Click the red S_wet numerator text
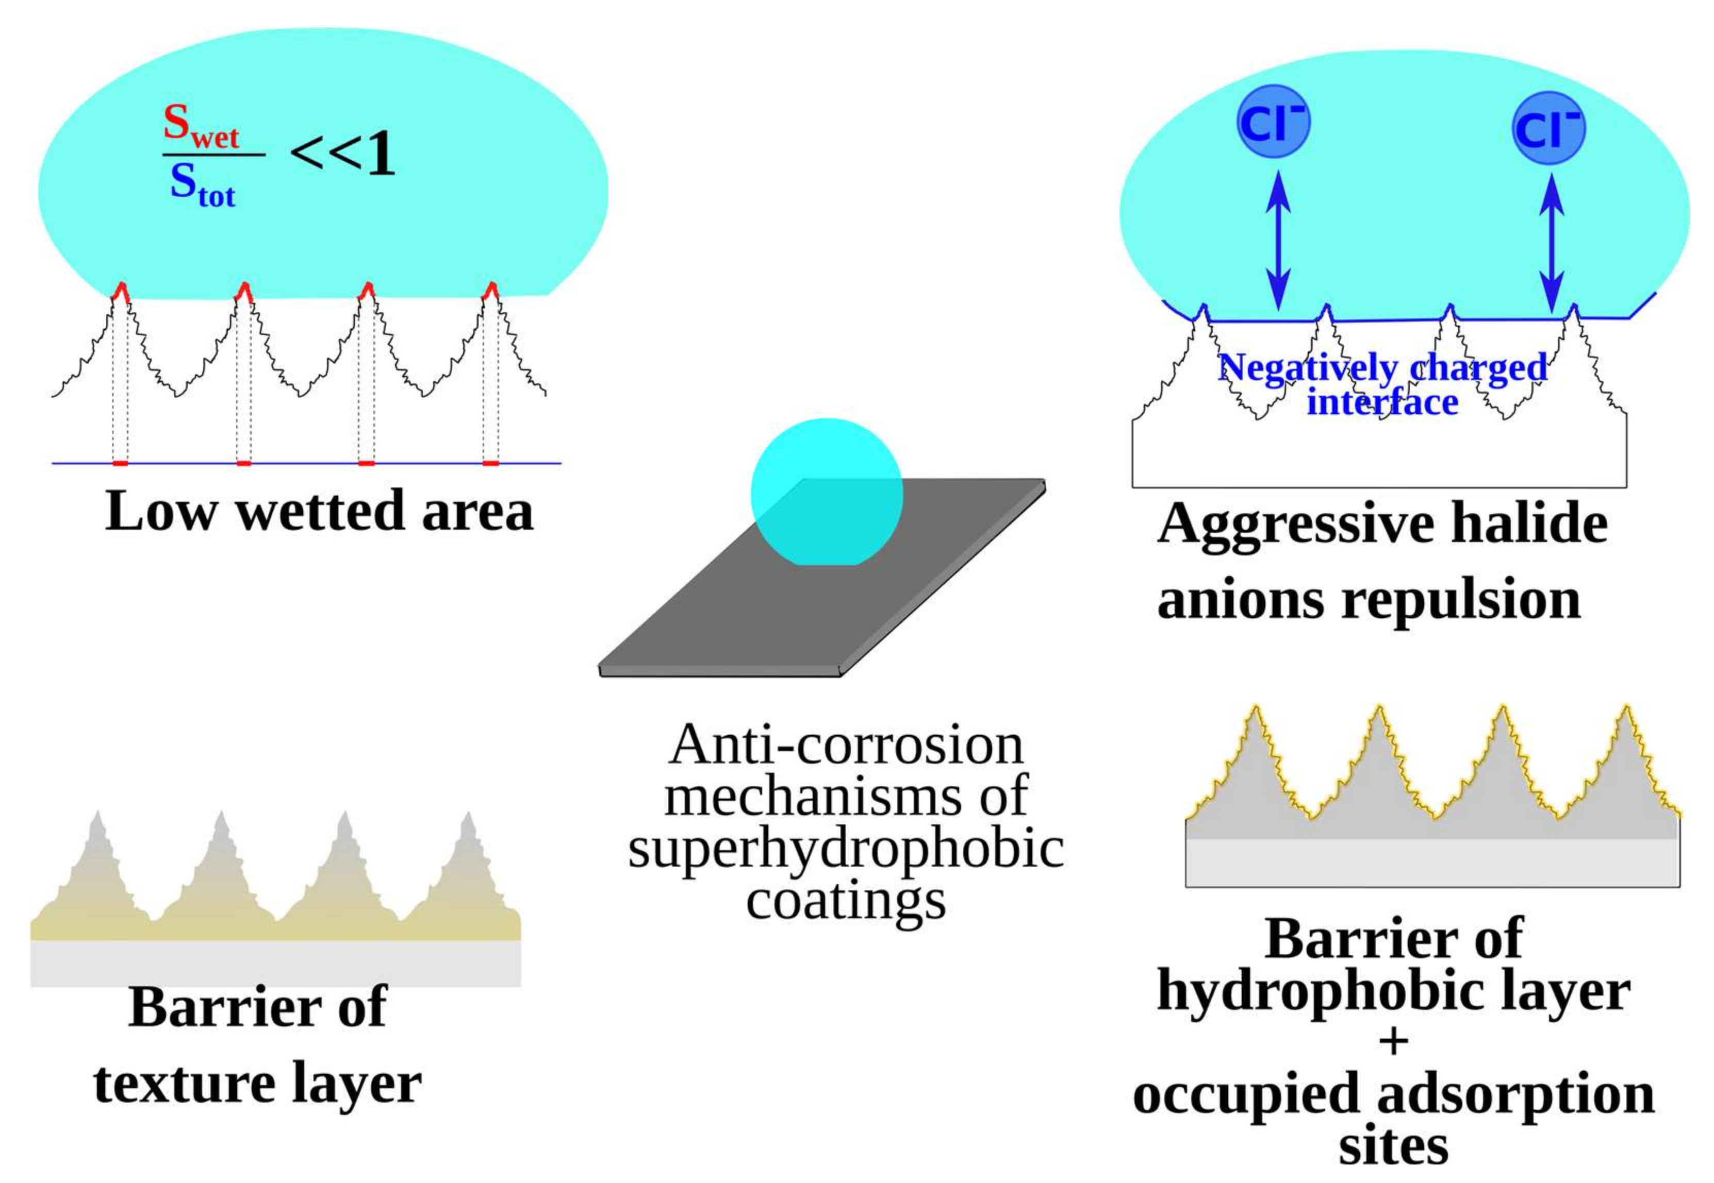(x=200, y=127)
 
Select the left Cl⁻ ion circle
(x=1273, y=124)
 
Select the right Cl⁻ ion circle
(x=1548, y=128)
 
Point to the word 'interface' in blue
(x=1382, y=402)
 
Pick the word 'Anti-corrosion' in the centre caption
(x=846, y=745)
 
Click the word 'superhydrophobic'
(x=846, y=850)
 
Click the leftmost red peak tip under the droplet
(x=121, y=291)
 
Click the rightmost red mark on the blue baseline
(x=490, y=463)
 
